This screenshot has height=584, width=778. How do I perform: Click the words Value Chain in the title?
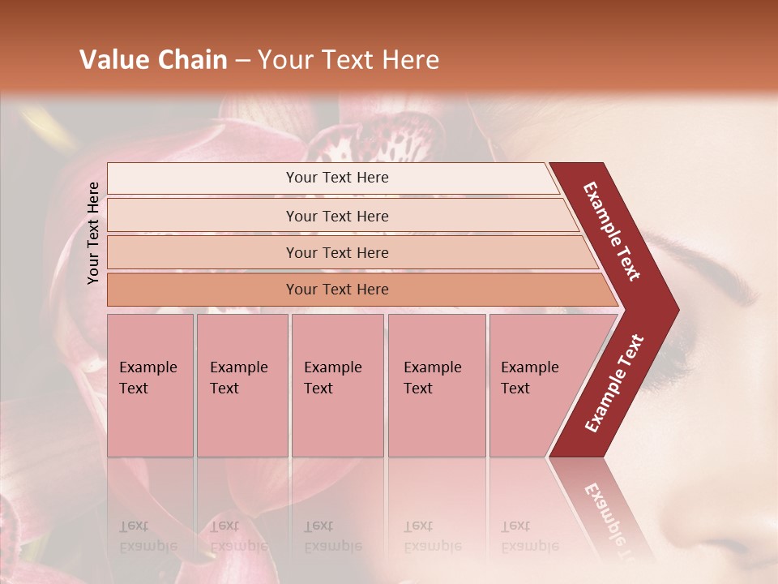[x=153, y=60]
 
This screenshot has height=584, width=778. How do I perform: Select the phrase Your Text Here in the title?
[x=348, y=60]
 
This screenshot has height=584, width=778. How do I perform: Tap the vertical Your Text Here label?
[x=94, y=233]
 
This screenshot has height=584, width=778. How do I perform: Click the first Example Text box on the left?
[x=150, y=385]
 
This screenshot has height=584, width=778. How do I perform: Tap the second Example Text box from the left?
[x=242, y=385]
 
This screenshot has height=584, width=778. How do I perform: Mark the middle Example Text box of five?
[x=337, y=385]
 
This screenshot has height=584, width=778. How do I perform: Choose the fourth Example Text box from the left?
[x=437, y=385]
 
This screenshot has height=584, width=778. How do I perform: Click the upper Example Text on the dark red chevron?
[x=613, y=231]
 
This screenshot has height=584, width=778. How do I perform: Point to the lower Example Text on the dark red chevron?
[x=614, y=383]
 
